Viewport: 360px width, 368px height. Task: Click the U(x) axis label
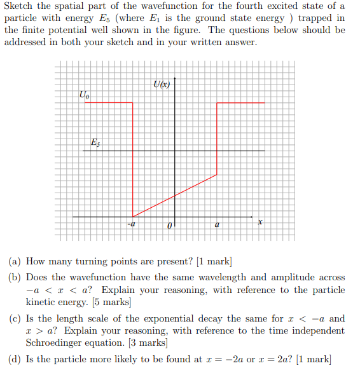point(162,84)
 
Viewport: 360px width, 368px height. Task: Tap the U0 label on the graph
point(84,95)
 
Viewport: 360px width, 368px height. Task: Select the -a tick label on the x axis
point(132,224)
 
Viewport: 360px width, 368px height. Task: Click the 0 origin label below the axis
point(169,226)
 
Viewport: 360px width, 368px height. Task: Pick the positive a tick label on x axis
point(217,224)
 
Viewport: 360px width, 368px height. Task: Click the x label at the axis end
point(260,223)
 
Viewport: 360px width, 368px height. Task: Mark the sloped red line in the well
point(175,195)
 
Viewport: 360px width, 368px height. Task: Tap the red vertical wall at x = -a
point(133,159)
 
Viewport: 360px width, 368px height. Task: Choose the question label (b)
point(15,278)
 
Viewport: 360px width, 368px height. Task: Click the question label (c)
point(15,318)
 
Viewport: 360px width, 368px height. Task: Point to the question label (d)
point(15,360)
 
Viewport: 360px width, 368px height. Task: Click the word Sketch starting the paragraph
point(18,6)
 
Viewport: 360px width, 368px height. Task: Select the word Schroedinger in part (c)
point(57,343)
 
